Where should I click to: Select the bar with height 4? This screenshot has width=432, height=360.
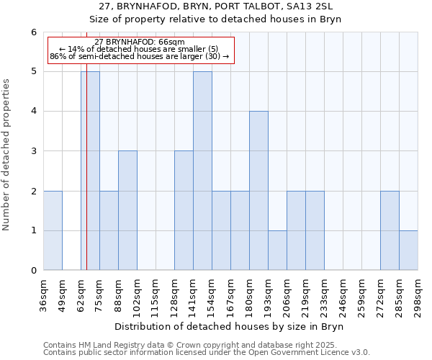[258, 191]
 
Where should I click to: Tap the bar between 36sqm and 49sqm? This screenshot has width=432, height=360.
[53, 230]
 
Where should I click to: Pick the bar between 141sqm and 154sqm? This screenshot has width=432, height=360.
[202, 171]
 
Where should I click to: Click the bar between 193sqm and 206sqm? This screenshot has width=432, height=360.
[277, 250]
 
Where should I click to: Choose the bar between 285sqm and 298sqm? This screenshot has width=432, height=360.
[408, 250]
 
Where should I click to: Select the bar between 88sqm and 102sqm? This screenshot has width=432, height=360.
[127, 210]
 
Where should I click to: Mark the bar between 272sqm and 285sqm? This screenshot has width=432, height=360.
[390, 230]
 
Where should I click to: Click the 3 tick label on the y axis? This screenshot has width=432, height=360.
[33, 151]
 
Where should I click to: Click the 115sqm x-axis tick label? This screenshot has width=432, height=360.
[156, 295]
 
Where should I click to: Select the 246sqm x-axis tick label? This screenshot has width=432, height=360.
[343, 295]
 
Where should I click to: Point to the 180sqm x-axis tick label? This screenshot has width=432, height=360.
[249, 295]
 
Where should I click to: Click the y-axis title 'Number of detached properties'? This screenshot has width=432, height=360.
[7, 155]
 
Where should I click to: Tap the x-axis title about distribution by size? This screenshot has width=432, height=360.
[230, 327]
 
